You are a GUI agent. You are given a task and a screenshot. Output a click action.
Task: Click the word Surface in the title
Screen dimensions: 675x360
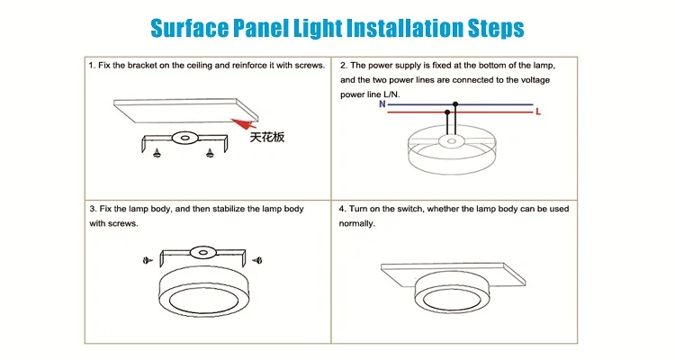click(189, 28)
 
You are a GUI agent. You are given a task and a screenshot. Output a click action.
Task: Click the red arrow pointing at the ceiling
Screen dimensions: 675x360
click(244, 123)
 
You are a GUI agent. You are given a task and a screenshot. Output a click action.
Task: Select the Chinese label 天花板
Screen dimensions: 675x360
click(267, 137)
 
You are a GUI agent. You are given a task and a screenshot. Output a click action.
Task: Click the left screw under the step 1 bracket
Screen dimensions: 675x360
click(157, 152)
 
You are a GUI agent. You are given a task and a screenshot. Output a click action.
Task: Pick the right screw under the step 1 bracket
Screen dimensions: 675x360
click(210, 152)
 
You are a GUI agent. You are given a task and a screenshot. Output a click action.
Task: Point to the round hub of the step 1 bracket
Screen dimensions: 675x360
click(184, 139)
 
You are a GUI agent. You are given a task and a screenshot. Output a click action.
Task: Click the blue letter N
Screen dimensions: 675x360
click(382, 104)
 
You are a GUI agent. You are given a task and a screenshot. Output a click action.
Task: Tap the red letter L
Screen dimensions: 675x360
click(538, 112)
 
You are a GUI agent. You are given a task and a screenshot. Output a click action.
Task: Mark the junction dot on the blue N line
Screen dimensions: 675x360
click(455, 104)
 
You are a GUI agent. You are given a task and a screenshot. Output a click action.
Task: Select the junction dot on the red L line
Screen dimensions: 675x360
click(447, 112)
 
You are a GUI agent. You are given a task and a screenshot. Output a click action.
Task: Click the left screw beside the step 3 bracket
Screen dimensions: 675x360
click(148, 260)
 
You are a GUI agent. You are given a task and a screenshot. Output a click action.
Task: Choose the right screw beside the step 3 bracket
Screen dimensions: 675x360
click(257, 260)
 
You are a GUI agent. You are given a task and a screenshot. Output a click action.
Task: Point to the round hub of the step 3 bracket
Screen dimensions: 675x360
click(202, 252)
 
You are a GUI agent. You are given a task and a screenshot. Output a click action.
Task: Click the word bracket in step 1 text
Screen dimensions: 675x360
click(142, 66)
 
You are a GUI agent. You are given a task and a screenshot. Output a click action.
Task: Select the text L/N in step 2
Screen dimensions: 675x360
click(391, 94)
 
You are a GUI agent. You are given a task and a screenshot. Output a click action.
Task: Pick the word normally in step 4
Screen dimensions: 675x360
click(357, 223)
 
